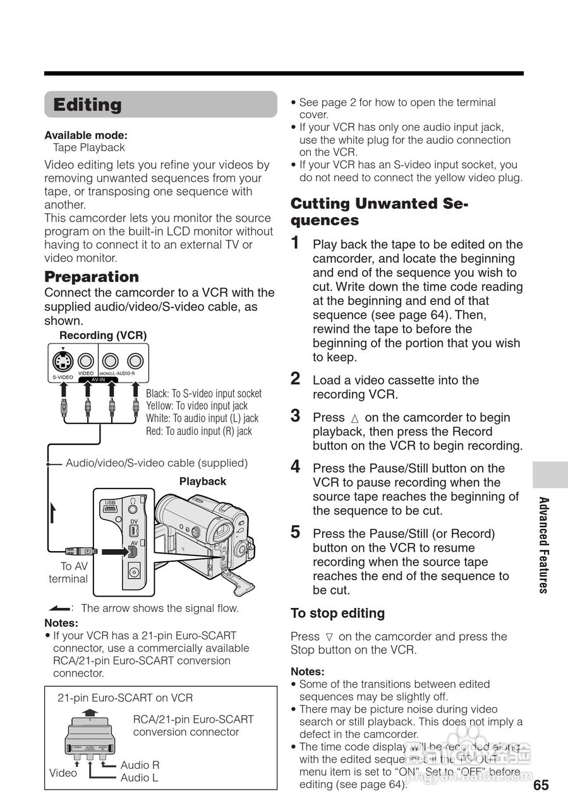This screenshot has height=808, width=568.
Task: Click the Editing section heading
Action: [87, 105]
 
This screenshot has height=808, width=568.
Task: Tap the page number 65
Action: [541, 785]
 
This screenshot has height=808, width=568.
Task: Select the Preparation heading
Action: [92, 276]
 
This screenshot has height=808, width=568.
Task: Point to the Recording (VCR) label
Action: [103, 335]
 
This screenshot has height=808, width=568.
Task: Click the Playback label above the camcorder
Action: [202, 482]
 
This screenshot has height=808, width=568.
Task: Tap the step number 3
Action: [295, 416]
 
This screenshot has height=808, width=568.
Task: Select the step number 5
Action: [295, 532]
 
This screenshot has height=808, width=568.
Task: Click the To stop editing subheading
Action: [337, 613]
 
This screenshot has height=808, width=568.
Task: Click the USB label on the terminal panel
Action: [110, 502]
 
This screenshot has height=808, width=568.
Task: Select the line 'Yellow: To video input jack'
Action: [196, 406]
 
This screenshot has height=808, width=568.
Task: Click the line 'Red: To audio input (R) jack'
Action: [198, 431]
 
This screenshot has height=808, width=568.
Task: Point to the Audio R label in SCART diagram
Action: [140, 765]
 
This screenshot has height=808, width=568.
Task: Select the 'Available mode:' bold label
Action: [86, 135]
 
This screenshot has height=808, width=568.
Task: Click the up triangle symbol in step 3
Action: [354, 418]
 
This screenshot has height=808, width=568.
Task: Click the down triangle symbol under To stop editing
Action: [329, 637]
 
